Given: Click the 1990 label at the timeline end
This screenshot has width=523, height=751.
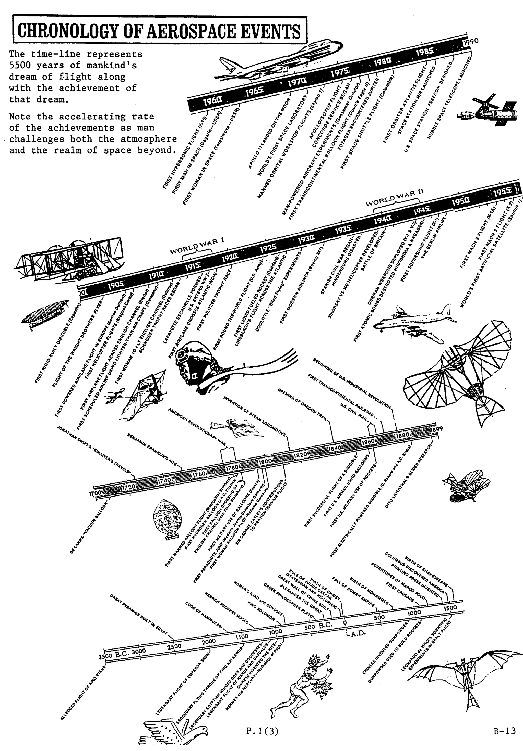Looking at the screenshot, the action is [x=472, y=42].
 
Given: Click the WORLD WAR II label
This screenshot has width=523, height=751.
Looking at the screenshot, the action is [x=394, y=198].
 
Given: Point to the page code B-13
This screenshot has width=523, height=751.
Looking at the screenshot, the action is [x=504, y=730].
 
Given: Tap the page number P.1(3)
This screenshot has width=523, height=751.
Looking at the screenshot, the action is [x=262, y=731].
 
